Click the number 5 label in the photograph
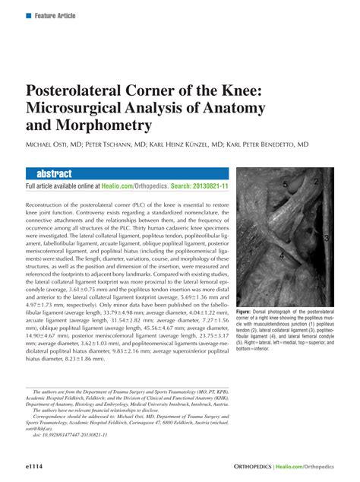tap(284, 184)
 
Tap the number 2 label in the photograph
tap(315, 182)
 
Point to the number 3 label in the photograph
tap(325, 238)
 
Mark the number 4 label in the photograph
tap(281, 257)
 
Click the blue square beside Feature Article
tap(28, 15)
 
